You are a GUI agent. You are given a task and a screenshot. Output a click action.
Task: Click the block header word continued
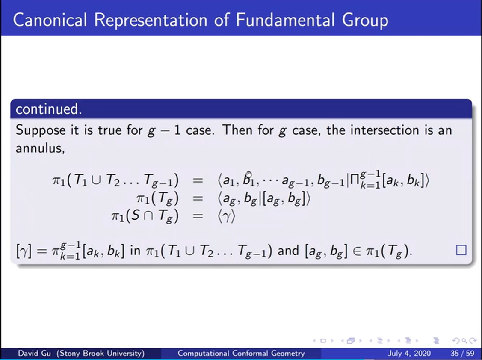tap(48, 109)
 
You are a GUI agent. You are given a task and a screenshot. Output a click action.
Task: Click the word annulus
tap(40, 149)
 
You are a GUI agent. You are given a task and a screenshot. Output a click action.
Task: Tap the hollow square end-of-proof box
tap(461, 250)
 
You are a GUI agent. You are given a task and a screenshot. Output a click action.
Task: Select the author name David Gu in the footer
tap(33, 353)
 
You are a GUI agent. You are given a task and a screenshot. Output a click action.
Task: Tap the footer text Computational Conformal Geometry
tap(241, 353)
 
